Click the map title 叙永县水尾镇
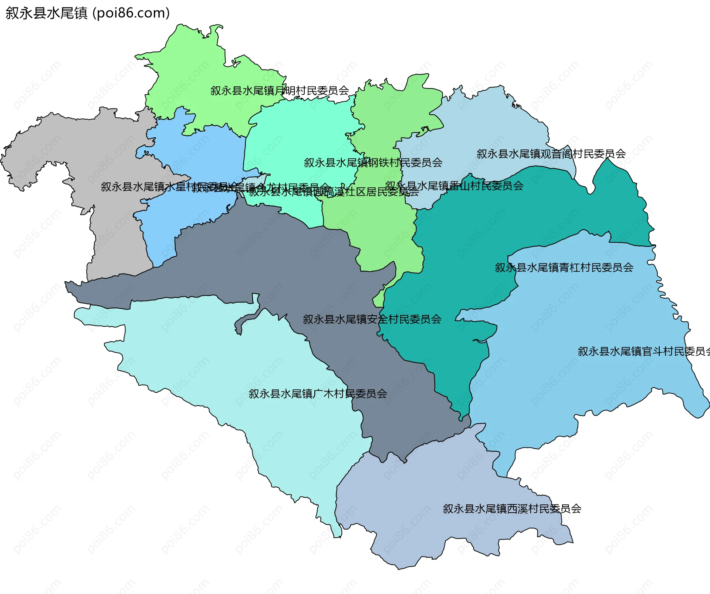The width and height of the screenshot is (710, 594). pos(46,13)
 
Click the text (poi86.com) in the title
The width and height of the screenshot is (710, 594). pos(131,13)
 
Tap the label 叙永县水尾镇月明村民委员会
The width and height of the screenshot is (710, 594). pos(280,91)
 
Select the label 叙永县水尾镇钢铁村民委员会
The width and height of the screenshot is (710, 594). pos(373,162)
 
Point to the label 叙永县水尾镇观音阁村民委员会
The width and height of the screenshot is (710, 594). pos(551,154)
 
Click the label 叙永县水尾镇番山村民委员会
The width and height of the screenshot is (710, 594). pos(454,186)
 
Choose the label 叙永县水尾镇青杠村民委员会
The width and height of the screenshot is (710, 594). pos(564,268)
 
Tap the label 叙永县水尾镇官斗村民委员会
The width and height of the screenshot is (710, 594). pos(643,351)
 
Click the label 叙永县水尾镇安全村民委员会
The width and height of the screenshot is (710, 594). pos(372,319)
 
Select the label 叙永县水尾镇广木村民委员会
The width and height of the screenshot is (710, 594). pos(318,393)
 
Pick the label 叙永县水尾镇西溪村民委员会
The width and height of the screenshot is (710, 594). pos(512,509)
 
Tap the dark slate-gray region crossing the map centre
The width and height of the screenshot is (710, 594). pos(259,259)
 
